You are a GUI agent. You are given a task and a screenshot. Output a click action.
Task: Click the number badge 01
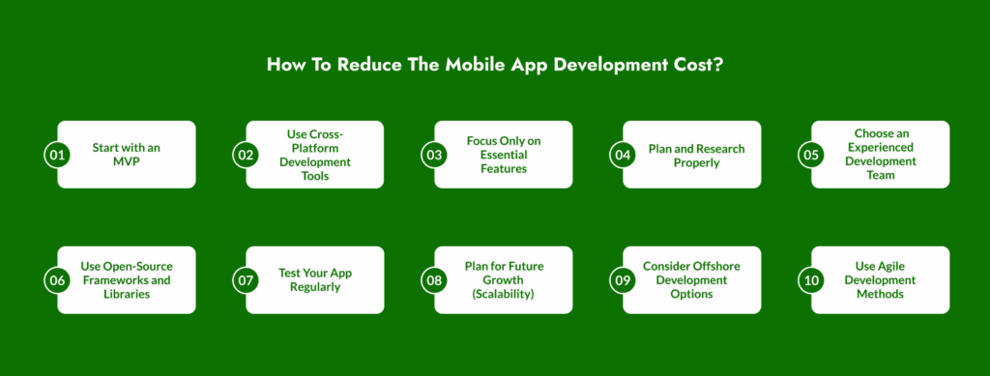pos(57,155)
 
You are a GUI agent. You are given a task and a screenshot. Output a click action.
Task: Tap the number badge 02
pos(246,155)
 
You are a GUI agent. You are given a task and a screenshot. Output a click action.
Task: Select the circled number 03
pos(434,155)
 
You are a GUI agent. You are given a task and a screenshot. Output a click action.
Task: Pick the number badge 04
pos(623,155)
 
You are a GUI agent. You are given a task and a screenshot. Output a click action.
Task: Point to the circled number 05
pos(811,155)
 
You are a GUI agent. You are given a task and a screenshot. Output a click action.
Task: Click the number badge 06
pos(57,280)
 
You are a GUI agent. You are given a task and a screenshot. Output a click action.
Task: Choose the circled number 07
pos(246,280)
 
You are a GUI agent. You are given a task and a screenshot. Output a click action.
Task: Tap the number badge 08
pos(434,280)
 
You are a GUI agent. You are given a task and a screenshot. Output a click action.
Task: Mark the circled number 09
pos(623,280)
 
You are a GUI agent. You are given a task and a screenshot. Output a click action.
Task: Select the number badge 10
pos(811,280)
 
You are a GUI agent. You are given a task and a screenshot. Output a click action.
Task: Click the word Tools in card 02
pos(314,176)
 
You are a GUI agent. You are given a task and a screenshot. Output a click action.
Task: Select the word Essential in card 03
pos(503,155)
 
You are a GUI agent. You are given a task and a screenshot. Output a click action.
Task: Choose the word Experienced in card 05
pos(881,148)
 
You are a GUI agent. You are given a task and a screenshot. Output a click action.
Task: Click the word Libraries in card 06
pos(127,294)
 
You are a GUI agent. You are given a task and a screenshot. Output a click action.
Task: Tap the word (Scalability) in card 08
pos(503,294)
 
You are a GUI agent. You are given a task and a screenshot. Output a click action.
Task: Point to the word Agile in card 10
pos(894,266)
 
